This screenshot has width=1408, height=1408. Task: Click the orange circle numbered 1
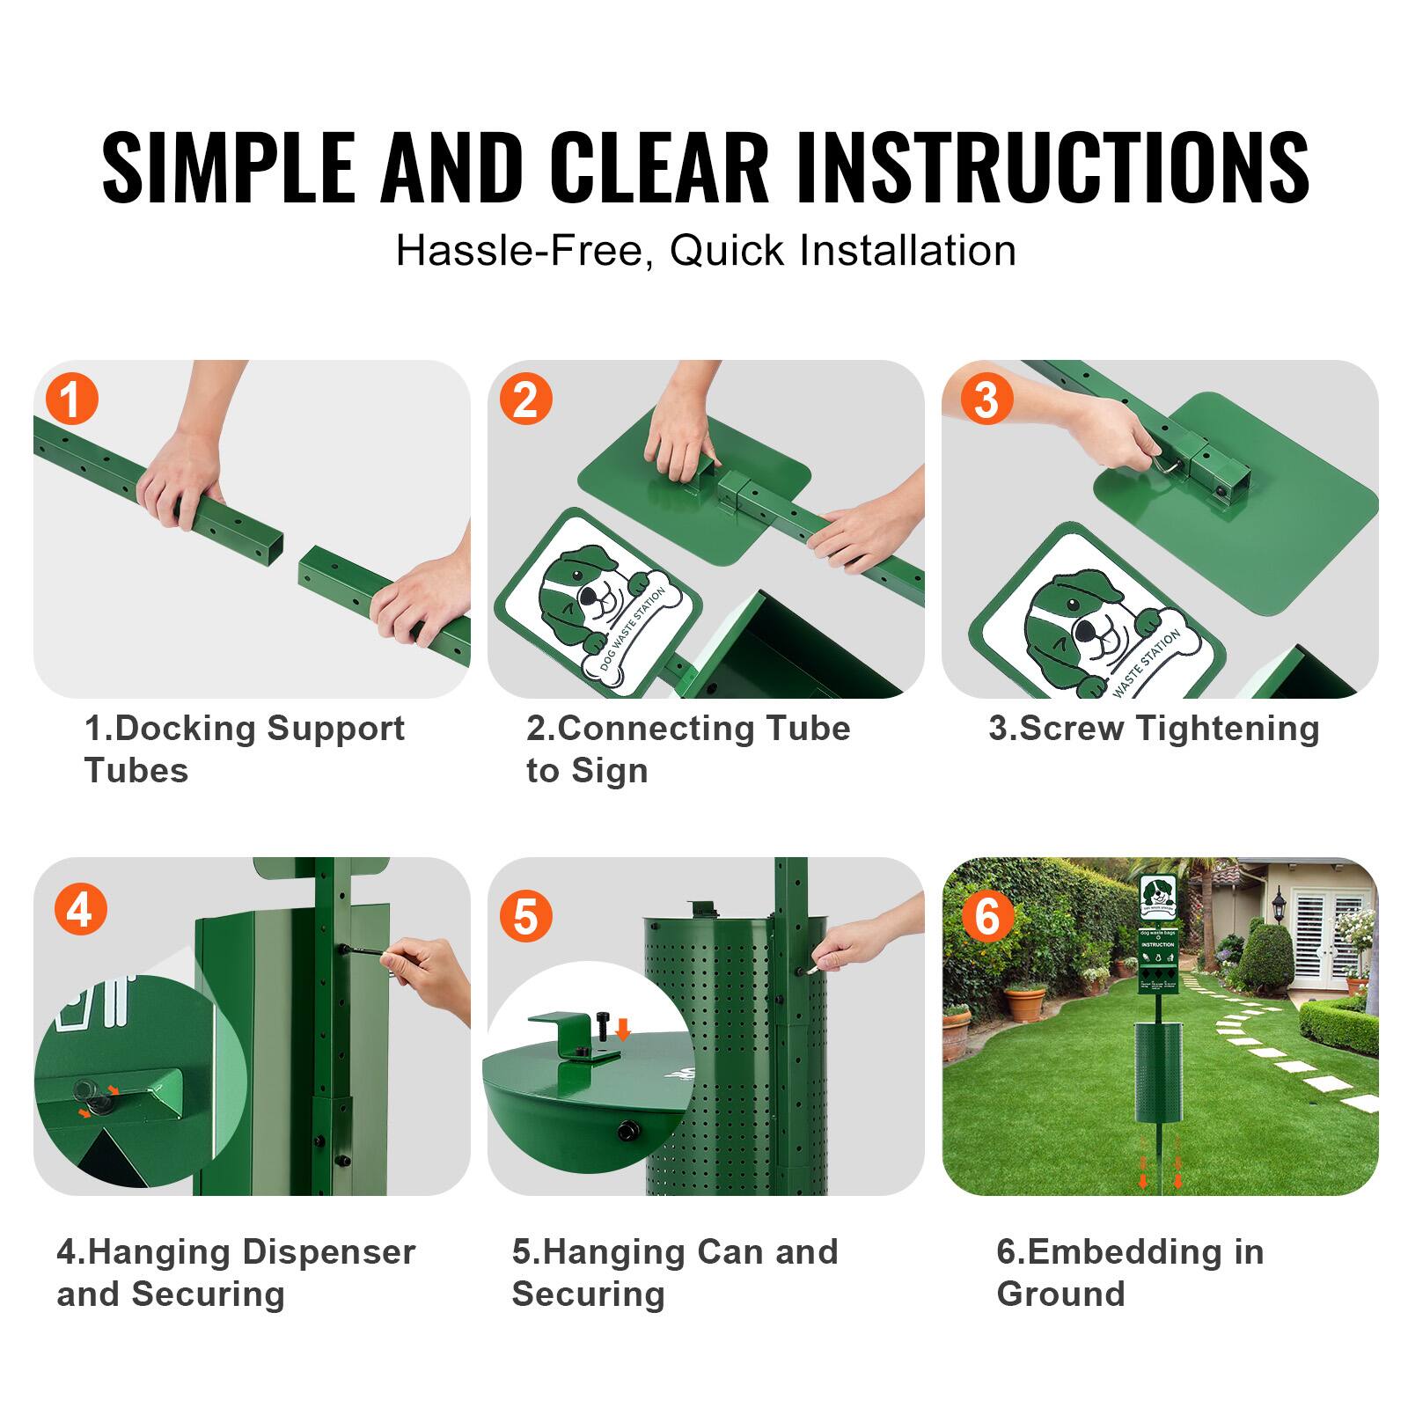pos(71,399)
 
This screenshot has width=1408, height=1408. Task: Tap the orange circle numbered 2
pos(525,399)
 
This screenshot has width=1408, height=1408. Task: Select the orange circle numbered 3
pos(986,399)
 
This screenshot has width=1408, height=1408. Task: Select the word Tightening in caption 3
pos(1228,729)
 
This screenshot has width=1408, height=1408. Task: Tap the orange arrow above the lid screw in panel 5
pos(623,1028)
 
